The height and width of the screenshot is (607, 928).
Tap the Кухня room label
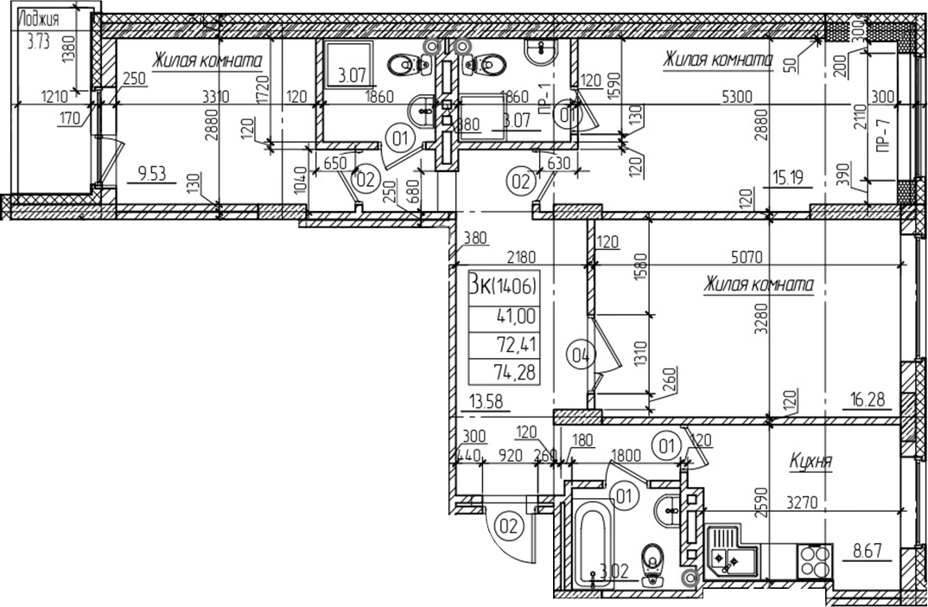tap(810, 463)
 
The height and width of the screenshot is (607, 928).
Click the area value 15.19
tap(785, 181)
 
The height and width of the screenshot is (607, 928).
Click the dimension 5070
tap(745, 257)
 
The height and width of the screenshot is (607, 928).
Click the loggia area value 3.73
tap(37, 41)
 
